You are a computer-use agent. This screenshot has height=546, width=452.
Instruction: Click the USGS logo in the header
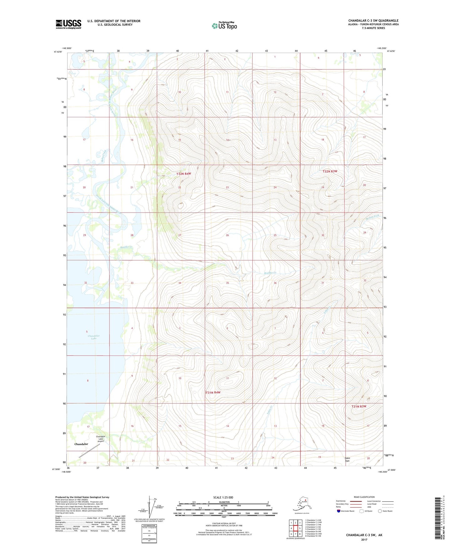(69, 24)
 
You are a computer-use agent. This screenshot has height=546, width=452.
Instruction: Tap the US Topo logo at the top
(224, 26)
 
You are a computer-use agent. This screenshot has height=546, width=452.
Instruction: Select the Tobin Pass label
(347, 459)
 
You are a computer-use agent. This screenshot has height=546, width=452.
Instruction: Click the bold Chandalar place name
(81, 444)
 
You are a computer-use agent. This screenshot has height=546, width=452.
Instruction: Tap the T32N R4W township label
(184, 174)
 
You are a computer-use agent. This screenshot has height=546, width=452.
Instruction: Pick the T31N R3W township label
(359, 407)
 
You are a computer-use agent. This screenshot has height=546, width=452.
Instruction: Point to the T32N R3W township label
(330, 171)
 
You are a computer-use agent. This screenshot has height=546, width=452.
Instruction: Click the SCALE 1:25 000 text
(223, 498)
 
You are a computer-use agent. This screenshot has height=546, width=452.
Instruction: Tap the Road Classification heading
(364, 497)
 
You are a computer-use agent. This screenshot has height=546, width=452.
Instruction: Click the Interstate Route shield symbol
(339, 511)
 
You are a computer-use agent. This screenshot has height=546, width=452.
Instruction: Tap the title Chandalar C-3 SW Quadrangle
(373, 21)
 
